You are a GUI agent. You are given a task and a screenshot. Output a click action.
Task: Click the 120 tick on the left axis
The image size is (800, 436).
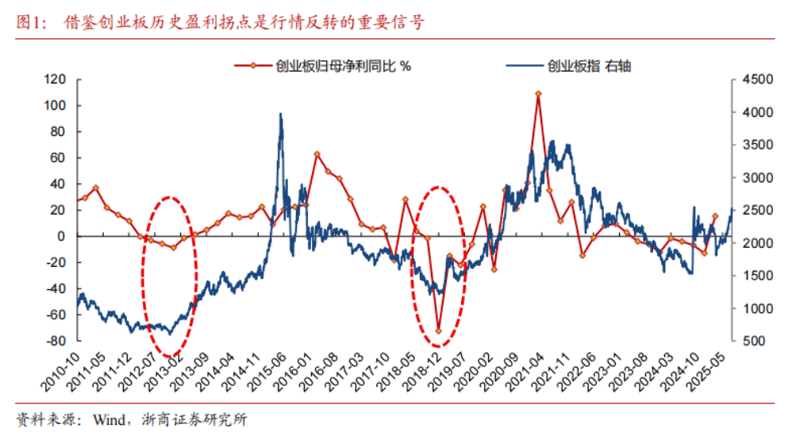[54, 79]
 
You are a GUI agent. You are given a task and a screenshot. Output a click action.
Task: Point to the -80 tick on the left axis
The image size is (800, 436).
[54, 341]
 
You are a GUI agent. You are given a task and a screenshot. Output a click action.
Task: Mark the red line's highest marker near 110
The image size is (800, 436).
[538, 94]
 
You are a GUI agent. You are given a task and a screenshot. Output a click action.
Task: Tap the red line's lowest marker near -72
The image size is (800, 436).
[438, 330]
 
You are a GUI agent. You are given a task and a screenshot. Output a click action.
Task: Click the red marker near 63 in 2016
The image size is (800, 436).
[317, 154]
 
